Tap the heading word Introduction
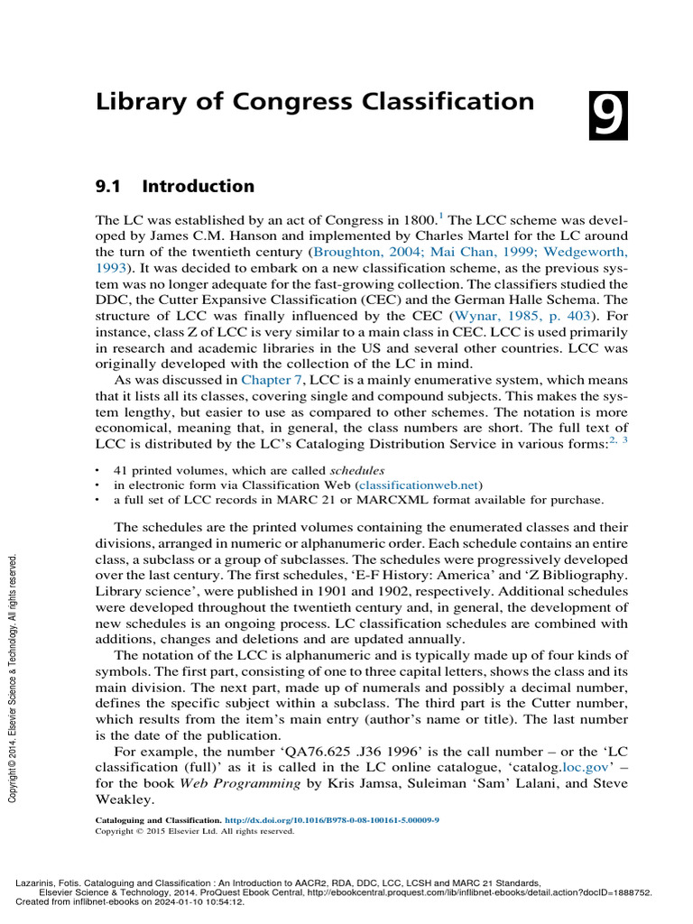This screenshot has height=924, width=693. click(199, 187)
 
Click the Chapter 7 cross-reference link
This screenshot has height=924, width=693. click(270, 381)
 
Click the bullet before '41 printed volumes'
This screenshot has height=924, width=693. click(97, 471)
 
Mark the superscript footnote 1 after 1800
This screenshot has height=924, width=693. click(440, 215)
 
